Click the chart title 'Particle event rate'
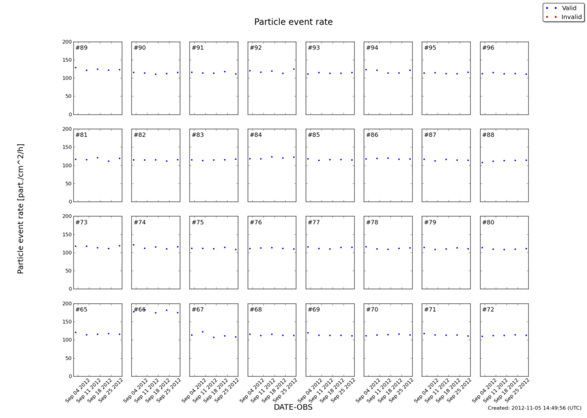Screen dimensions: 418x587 point(293,22)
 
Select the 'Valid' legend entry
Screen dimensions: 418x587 point(569,7)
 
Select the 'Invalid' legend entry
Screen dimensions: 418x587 point(571,16)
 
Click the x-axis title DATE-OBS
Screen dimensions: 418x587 point(293,407)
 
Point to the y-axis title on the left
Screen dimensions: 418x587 point(20,209)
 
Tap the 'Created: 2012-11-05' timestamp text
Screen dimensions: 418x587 point(534,408)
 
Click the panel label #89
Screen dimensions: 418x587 point(82,48)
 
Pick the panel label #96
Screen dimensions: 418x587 point(488,48)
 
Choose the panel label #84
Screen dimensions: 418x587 point(256,135)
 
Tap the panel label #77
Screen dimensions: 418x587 point(314,222)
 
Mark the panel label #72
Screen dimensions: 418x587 point(488,309)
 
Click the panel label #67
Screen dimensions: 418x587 point(198,309)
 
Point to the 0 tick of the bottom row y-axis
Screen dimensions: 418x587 point(69,376)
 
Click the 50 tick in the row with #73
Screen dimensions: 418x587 point(67,271)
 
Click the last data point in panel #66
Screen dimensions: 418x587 point(177,312)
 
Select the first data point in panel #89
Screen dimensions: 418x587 point(76,67)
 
